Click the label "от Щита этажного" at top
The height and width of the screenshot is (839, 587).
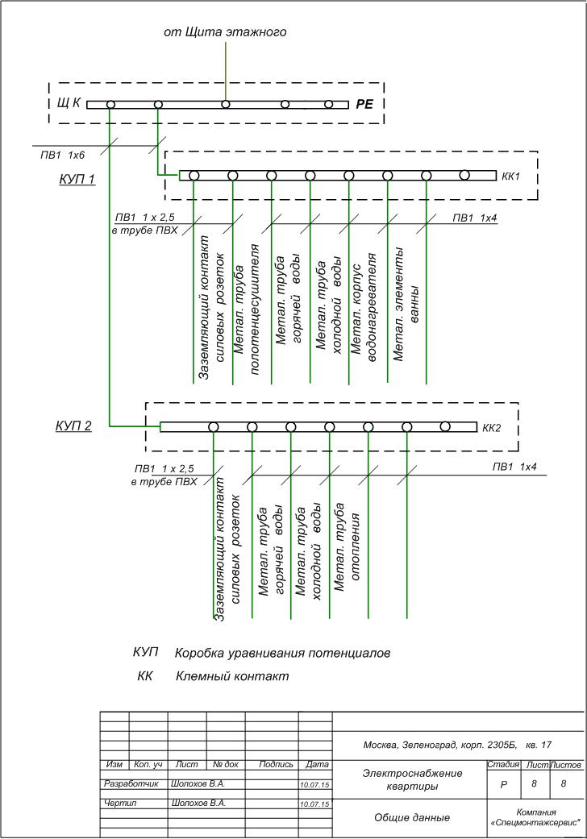[x=226, y=32]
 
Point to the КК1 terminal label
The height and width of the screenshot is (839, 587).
[x=512, y=176]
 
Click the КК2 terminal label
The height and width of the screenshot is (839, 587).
[x=492, y=427]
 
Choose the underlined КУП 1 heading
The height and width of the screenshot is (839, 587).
[x=77, y=179]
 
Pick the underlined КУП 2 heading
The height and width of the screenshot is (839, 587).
[x=73, y=426]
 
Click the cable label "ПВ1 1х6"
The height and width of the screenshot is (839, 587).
[x=63, y=153]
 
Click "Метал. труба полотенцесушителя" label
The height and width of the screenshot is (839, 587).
[x=248, y=298]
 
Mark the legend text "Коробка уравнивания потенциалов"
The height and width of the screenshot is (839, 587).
[x=282, y=653]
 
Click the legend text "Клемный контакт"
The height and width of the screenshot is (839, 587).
[x=231, y=676]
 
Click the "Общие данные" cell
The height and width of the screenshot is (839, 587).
[x=411, y=817]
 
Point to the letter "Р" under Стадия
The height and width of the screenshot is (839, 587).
[x=502, y=783]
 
